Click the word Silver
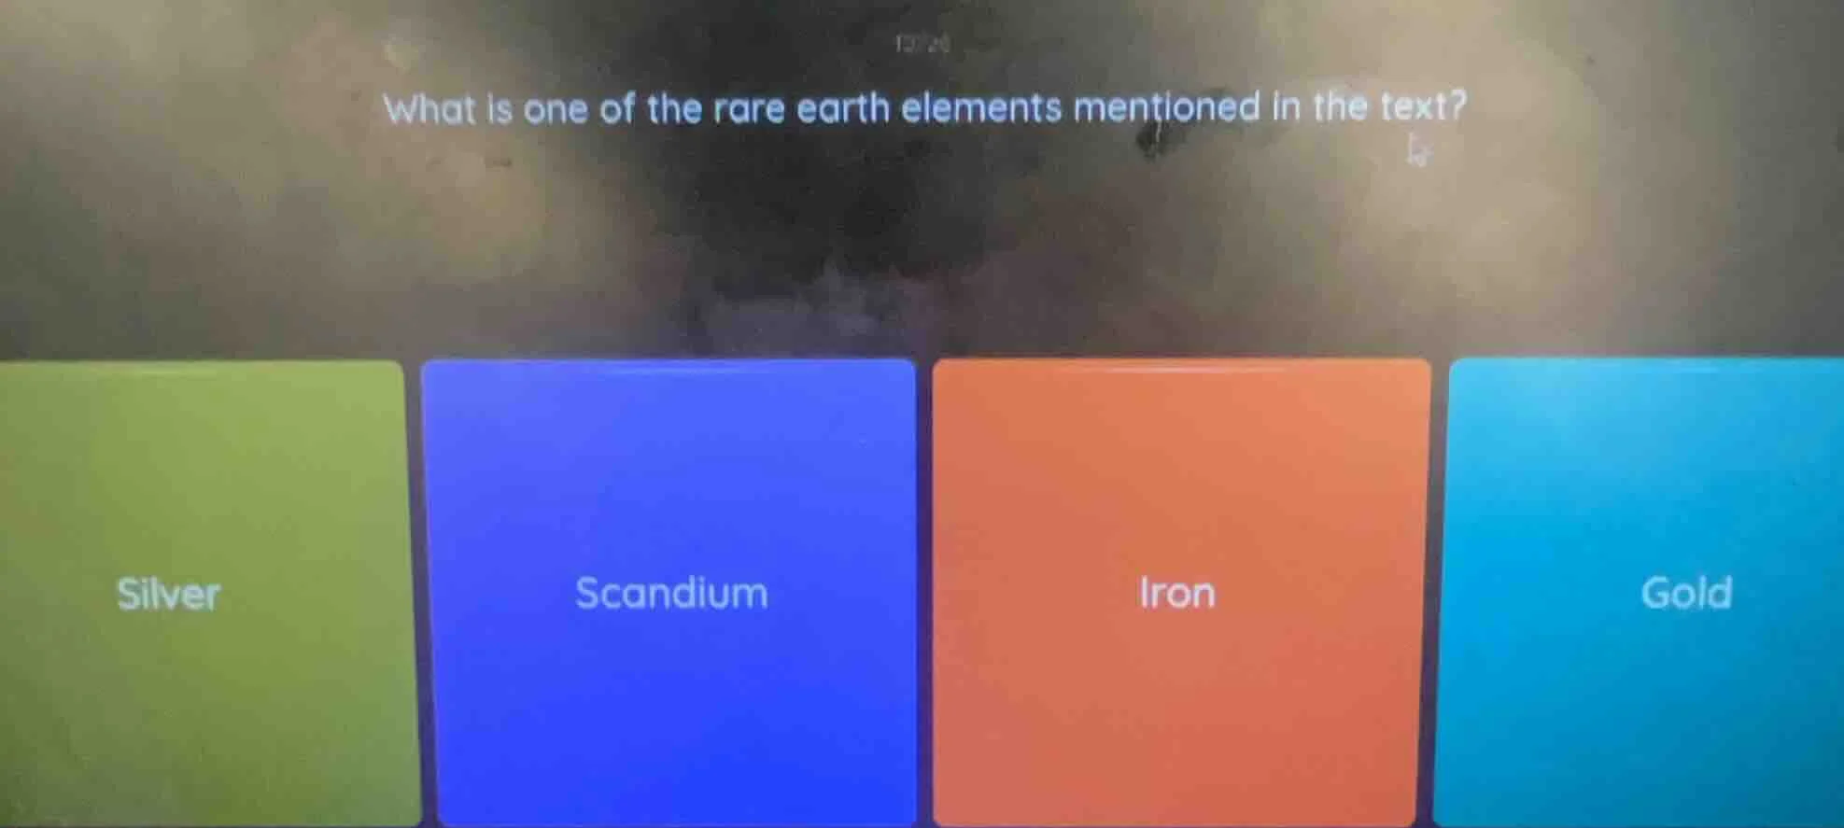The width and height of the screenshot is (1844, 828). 168,594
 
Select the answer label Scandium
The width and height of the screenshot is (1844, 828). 671,594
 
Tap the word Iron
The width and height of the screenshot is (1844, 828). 1177,593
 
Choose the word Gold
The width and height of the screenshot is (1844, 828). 1686,593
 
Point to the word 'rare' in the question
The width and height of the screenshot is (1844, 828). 749,109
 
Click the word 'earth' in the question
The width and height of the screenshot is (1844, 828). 842,108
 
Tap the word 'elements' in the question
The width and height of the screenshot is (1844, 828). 981,107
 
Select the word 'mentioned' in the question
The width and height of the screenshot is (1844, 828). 1167,107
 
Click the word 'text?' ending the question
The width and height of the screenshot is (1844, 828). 1423,105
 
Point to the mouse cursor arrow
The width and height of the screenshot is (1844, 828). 1417,148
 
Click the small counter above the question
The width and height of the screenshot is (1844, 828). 922,44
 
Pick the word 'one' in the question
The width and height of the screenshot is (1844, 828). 555,110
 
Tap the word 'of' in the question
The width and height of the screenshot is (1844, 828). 616,109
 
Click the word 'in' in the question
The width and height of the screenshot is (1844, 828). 1287,106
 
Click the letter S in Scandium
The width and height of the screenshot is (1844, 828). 587,594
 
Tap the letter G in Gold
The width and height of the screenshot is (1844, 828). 1656,593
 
